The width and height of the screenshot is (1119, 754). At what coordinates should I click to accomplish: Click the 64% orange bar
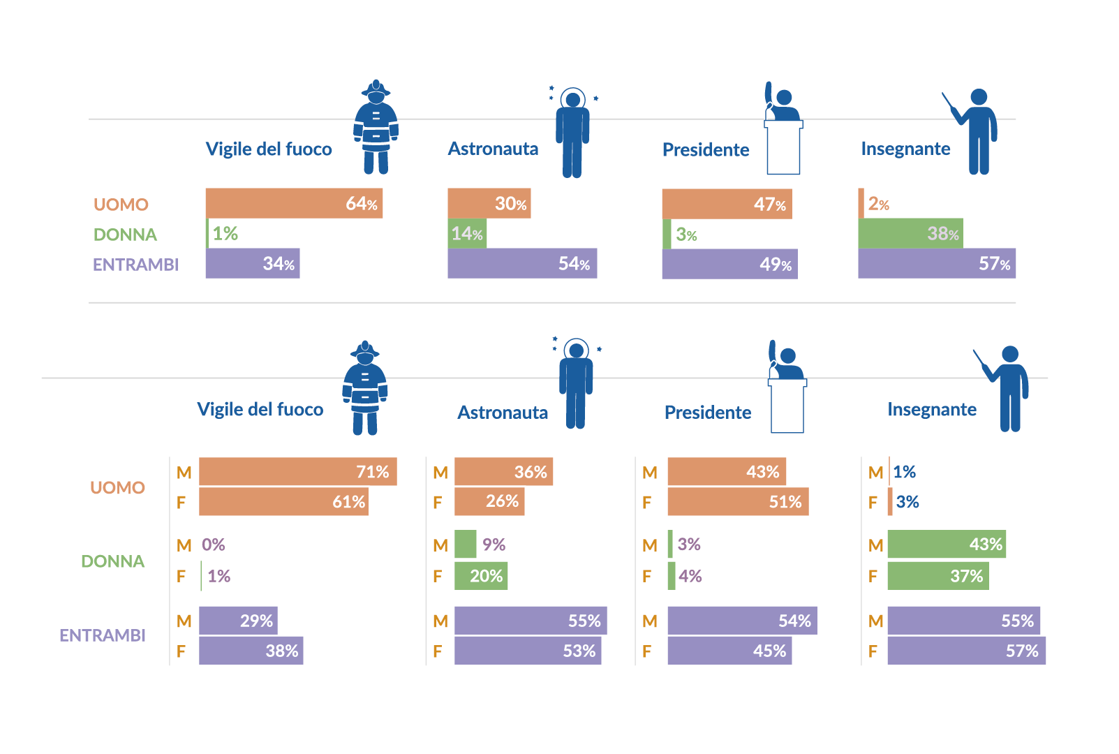(294, 203)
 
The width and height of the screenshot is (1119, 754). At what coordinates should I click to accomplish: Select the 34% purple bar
(252, 263)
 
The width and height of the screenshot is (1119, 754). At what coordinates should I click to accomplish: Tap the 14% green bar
(467, 233)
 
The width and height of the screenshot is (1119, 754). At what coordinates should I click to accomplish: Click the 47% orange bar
(727, 204)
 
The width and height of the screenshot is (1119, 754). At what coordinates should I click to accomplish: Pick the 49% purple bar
(729, 264)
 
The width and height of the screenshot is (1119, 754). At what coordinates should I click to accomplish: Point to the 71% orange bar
(297, 472)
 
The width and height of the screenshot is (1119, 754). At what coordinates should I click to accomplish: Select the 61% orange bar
(283, 502)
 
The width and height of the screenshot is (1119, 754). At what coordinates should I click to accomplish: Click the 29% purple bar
(238, 621)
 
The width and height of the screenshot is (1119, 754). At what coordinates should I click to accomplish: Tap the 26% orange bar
(489, 501)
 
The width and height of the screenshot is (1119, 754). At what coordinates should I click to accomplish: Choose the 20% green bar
(480, 576)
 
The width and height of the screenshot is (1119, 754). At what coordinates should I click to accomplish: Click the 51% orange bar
(738, 502)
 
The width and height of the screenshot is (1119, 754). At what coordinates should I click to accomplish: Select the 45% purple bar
(729, 651)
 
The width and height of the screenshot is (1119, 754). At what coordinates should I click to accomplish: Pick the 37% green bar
(938, 576)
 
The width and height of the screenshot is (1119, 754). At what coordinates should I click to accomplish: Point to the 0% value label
(214, 545)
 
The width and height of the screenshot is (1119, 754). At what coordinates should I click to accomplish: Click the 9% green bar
(465, 544)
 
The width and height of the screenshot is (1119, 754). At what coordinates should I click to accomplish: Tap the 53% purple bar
(527, 651)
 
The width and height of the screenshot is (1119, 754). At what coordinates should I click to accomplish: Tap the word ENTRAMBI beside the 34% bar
(136, 265)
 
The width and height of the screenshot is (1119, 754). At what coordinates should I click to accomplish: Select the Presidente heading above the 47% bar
(706, 150)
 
